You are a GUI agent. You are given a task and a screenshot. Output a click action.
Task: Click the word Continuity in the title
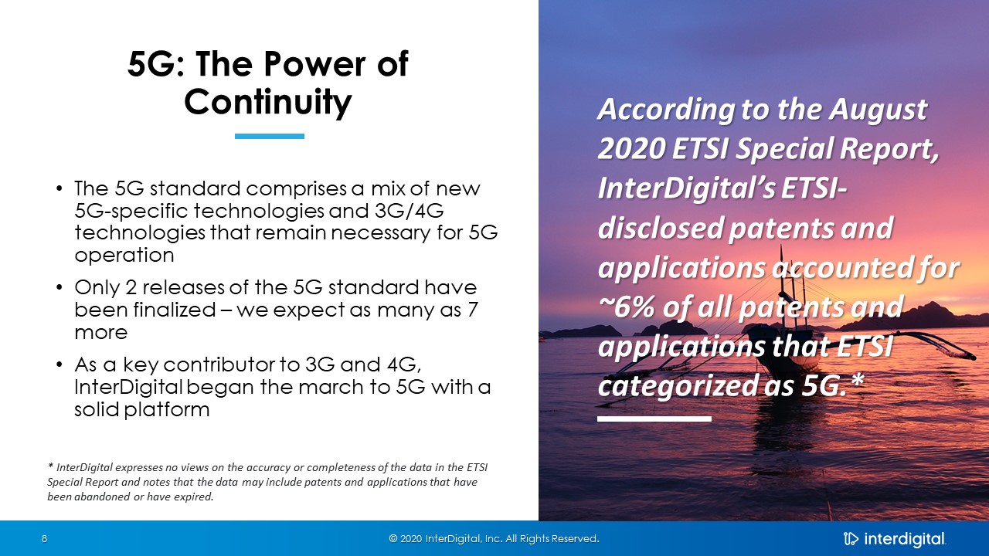pos(267,103)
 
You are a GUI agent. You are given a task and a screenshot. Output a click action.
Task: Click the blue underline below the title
pos(270,137)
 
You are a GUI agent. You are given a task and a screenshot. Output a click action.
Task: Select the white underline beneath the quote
pos(654,419)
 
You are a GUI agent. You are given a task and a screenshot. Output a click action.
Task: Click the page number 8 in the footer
pos(44,538)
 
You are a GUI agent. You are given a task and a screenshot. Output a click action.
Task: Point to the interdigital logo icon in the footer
pos(851,539)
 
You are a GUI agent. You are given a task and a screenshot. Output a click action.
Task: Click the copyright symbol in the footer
pos(393,538)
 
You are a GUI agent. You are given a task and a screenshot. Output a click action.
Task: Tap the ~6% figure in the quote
pos(627,307)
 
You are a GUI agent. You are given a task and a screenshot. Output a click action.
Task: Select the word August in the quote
pos(878,110)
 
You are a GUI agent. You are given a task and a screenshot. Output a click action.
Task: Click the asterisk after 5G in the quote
pos(858,381)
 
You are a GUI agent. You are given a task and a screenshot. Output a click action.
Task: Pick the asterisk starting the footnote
pos(50,465)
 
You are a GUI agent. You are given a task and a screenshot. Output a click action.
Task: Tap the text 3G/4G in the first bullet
pos(409,211)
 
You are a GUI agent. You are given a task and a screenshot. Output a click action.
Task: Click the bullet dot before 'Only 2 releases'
pos(59,288)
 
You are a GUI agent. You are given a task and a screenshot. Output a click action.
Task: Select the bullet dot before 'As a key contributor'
pos(59,365)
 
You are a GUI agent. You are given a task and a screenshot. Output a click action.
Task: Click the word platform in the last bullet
pos(166,410)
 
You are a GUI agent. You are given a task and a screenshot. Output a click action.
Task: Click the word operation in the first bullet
pos(124,256)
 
